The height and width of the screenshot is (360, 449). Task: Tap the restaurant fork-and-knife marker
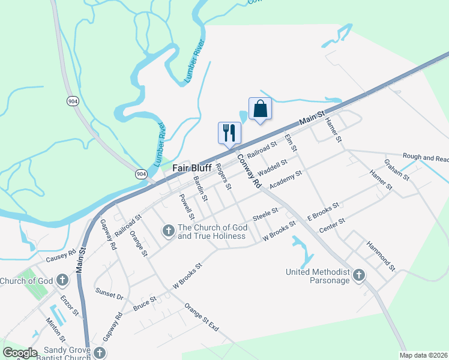229,132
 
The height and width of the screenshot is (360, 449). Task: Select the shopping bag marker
260,109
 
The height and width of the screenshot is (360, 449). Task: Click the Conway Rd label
250,170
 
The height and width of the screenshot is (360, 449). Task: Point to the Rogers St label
224,176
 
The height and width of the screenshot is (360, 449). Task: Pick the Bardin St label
200,188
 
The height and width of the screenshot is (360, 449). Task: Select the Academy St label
286,178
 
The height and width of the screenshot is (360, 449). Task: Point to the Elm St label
291,143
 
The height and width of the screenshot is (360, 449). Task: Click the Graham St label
397,169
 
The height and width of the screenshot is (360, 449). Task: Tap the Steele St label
265,214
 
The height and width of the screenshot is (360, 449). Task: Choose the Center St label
333,225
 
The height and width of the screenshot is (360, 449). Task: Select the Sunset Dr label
109,293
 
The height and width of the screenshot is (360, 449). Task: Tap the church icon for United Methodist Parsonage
358,275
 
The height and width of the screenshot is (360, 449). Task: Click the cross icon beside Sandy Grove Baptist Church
100,353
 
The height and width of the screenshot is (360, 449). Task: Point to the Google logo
20,353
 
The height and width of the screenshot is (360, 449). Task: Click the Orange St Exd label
202,317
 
